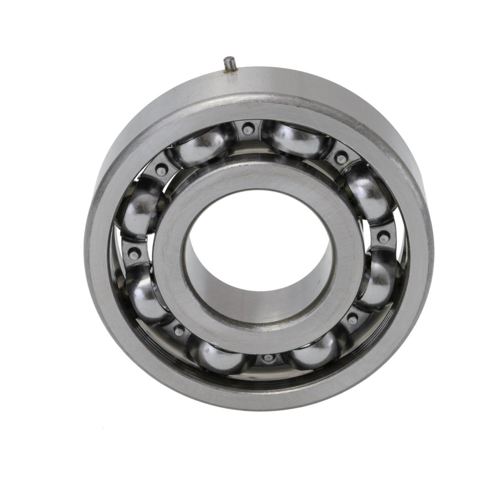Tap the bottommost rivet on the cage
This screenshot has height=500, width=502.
(x=267, y=358)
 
